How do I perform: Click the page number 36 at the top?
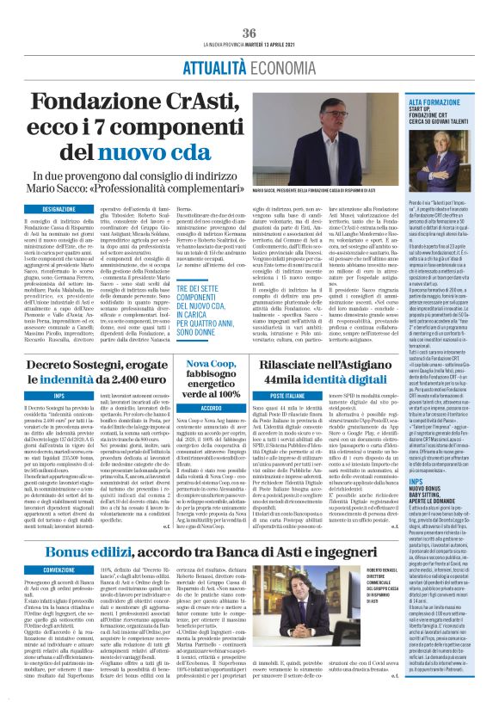249,33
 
